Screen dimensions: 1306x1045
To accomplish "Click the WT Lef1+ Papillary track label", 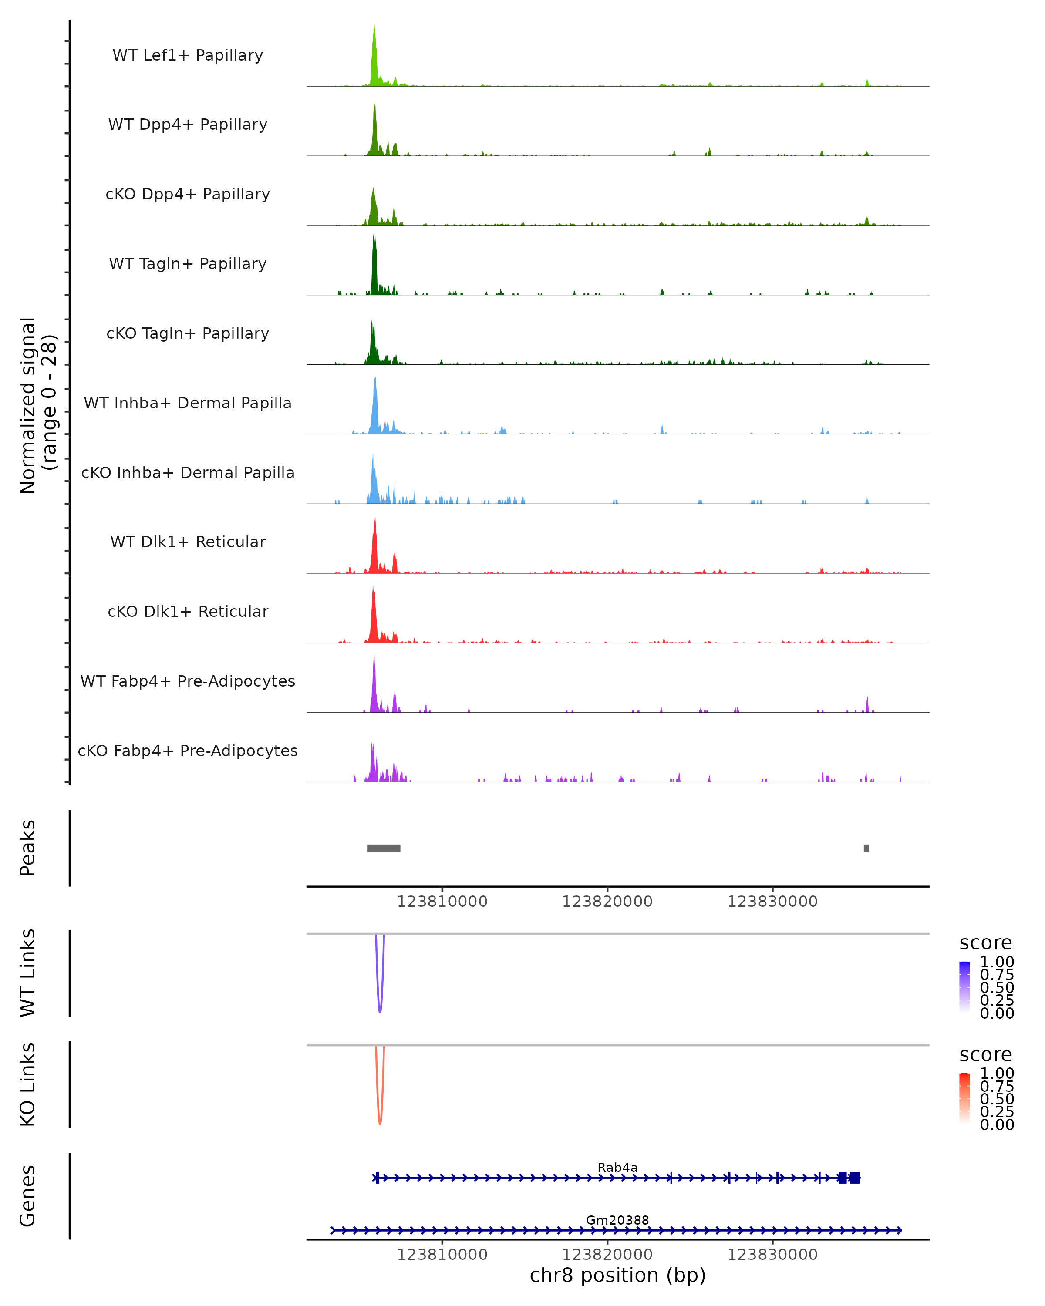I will (188, 55).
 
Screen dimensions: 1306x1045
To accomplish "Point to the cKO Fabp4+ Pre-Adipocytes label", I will (188, 751).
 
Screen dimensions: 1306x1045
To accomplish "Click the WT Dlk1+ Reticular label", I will (188, 542).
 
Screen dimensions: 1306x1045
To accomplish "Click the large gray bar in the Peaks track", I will (384, 848).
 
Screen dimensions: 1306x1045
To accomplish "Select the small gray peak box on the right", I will (866, 848).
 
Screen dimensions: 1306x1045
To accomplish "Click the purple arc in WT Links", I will (380, 1009).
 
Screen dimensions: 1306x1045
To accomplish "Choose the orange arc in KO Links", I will (380, 1120).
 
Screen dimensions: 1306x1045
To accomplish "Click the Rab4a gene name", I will (617, 1167).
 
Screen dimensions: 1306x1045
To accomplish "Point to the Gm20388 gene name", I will (617, 1220).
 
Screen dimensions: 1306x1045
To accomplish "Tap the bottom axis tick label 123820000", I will (607, 1255).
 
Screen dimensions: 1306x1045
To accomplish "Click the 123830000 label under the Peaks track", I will (772, 902).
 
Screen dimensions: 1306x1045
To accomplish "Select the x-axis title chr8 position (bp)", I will (617, 1275).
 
